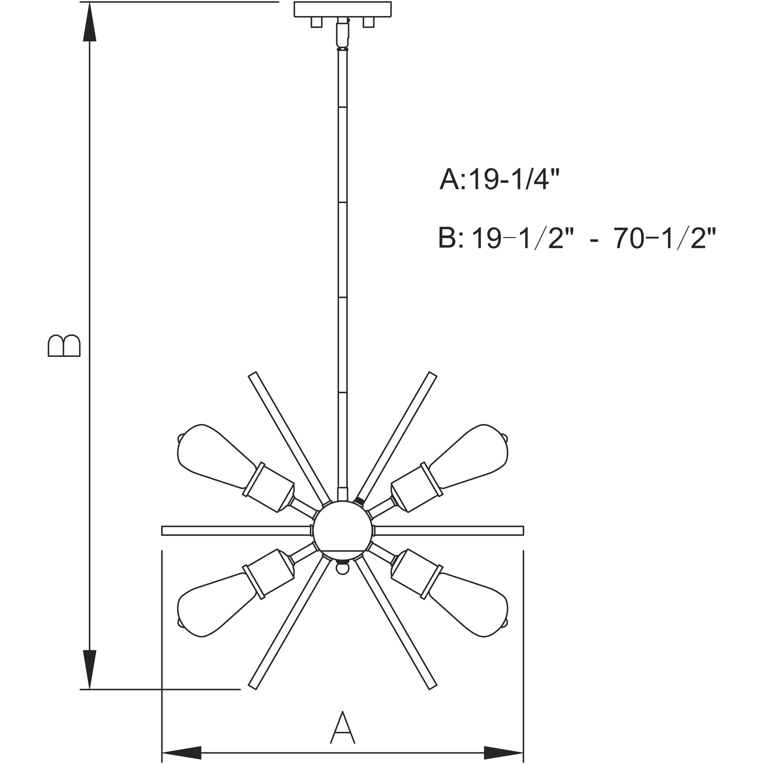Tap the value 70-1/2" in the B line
[665, 239]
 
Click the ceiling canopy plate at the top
[343, 10]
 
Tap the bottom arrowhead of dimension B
[90, 668]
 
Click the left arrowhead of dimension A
[182, 752]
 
